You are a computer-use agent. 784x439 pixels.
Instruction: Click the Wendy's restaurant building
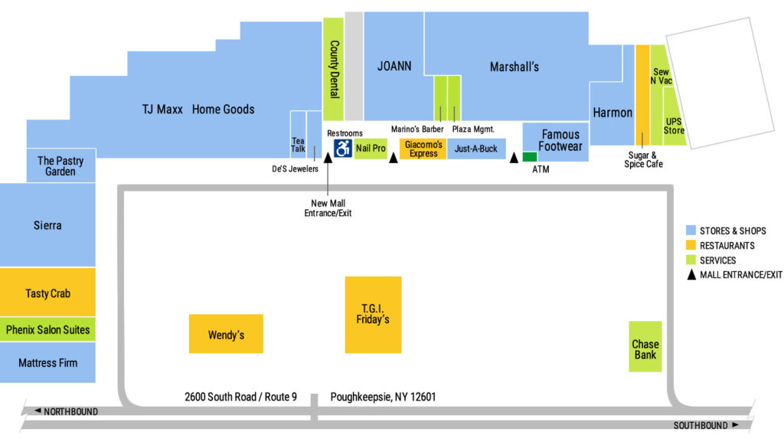click(226, 334)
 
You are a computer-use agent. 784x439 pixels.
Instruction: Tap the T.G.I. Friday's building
click(373, 314)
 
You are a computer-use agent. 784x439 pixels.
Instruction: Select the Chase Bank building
click(645, 346)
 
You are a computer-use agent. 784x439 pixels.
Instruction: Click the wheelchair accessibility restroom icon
click(342, 148)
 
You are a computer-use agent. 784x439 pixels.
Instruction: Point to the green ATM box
click(530, 156)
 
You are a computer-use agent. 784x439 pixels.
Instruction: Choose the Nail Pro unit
click(371, 148)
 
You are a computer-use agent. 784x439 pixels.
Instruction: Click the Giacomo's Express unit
click(423, 149)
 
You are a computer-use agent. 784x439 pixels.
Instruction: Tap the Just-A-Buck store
click(475, 149)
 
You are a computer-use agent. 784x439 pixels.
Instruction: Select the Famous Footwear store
click(560, 141)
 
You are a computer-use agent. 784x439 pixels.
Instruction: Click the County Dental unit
click(333, 69)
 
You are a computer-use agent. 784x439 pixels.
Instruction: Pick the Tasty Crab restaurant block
click(47, 293)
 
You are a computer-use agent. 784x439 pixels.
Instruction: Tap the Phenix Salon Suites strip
click(47, 330)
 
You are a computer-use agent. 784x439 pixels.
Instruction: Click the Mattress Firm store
click(47, 362)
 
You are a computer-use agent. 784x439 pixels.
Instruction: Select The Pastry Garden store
click(60, 165)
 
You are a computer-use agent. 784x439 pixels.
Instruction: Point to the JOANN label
click(394, 67)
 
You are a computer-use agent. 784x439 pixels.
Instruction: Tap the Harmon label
click(612, 113)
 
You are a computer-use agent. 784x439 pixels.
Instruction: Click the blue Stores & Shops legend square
click(691, 231)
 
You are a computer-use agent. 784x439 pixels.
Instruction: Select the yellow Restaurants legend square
click(691, 245)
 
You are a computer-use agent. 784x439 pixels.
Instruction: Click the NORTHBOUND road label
click(70, 411)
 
